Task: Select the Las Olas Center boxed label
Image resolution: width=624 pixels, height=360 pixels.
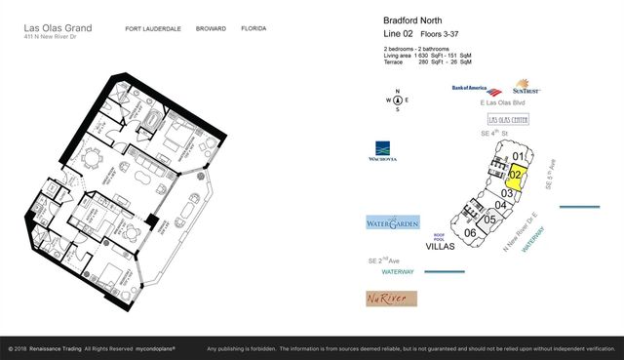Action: point(507,119)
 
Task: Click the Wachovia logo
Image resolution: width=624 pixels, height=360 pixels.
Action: point(384,152)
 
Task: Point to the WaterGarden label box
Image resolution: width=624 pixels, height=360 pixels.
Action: point(393,223)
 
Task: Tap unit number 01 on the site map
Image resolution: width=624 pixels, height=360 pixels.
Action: point(519,156)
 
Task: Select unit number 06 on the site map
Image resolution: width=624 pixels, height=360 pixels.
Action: point(470,232)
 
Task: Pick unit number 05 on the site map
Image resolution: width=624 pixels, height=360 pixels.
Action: point(490,220)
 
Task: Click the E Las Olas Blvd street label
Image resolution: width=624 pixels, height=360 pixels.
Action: point(503,102)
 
